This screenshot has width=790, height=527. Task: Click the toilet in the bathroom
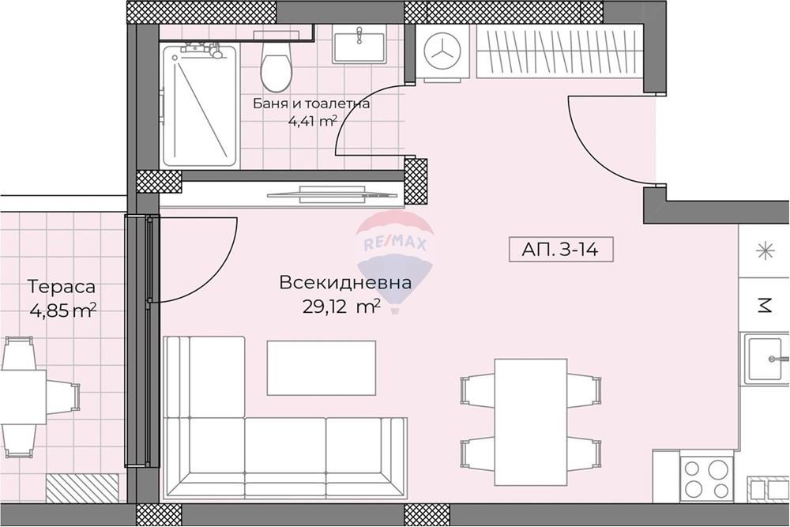[x=275, y=67]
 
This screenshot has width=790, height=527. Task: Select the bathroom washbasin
[x=359, y=43]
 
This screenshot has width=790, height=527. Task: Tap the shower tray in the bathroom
[x=200, y=106]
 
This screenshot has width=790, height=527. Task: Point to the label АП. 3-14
[x=558, y=250]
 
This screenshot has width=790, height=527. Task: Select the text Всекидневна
[x=344, y=283]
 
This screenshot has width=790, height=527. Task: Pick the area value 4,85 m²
[x=62, y=311]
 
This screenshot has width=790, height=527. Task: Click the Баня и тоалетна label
[x=311, y=103]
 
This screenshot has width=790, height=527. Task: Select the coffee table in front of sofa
[x=321, y=367]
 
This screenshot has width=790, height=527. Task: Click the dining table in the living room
[x=530, y=421]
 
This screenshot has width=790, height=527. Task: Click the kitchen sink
[x=765, y=361]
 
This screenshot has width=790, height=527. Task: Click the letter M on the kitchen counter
[x=764, y=305]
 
